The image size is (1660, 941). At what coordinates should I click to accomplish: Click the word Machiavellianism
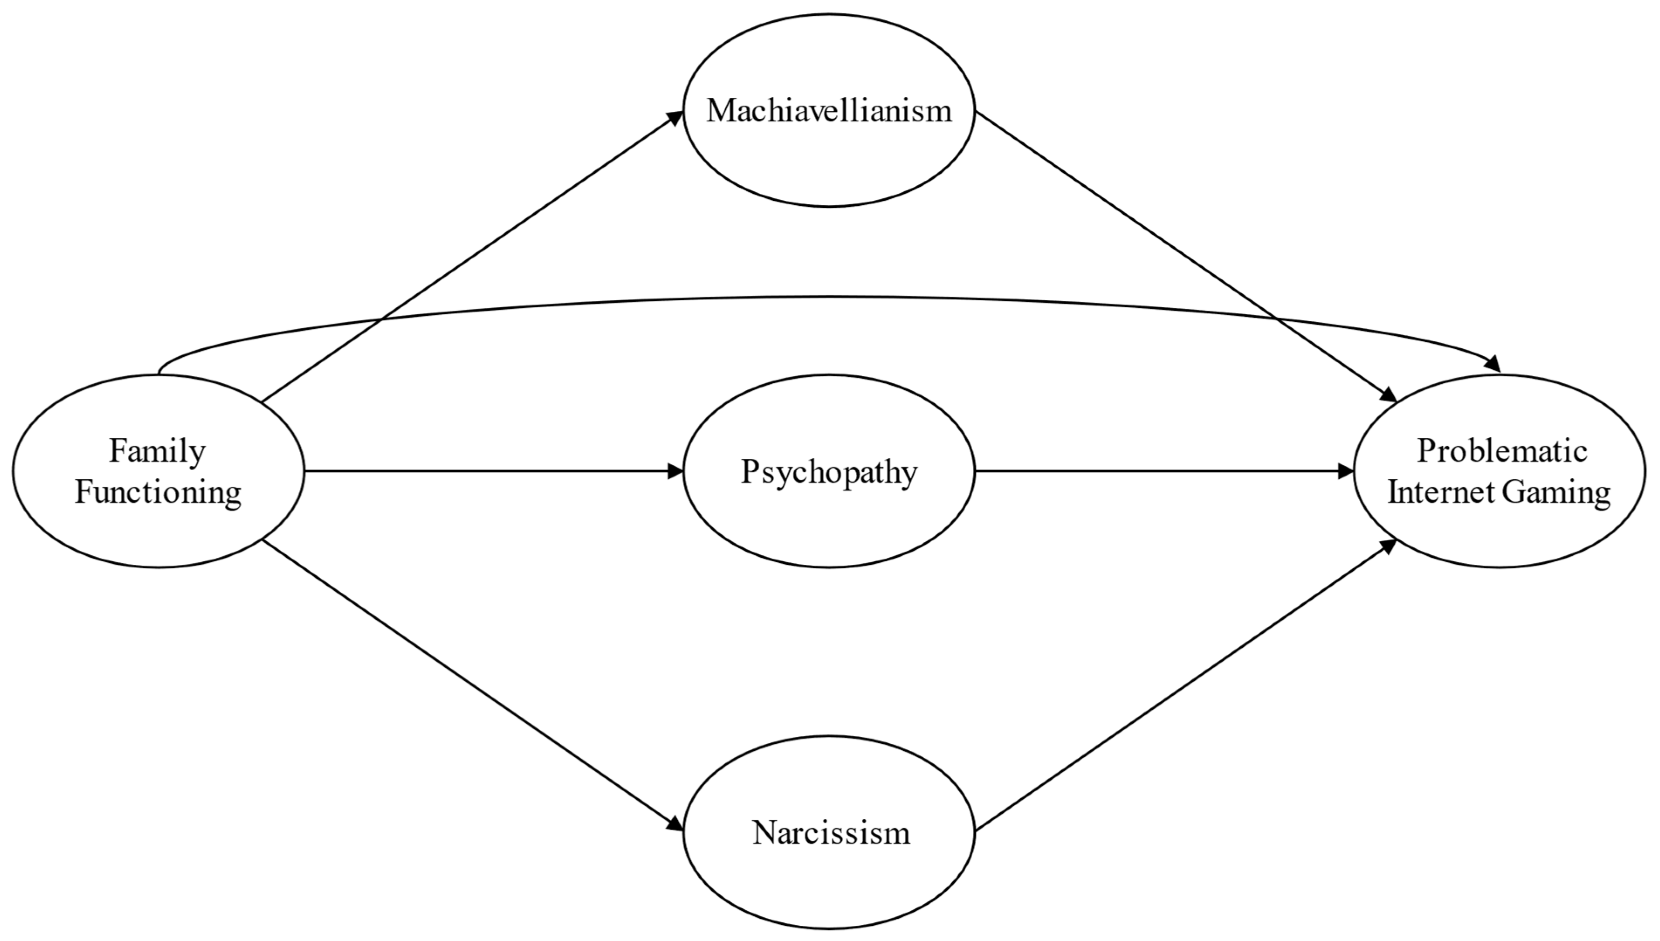pos(829,111)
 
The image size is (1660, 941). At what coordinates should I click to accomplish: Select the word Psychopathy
pos(829,472)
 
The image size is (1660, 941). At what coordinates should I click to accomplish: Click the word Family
pos(157,451)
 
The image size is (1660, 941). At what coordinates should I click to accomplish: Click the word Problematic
pos(1502,451)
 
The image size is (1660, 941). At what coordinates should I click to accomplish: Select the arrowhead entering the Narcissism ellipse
pos(675,824)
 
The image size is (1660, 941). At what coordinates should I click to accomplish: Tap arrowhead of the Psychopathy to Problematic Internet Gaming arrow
pos(1345,471)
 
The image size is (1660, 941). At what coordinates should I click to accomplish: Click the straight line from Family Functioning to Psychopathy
pos(491,471)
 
